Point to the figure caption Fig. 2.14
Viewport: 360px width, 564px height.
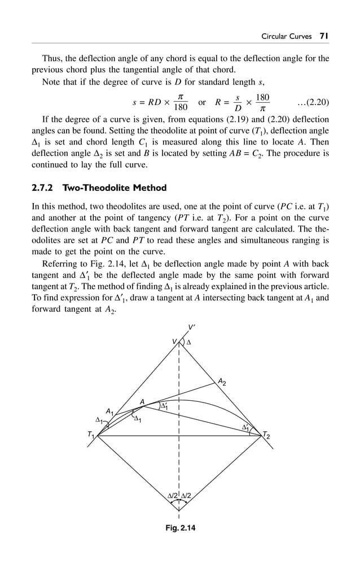179,528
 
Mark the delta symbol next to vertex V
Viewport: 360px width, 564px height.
189,342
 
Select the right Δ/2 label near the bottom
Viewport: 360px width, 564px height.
186,496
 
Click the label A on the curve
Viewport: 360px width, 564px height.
143,401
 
